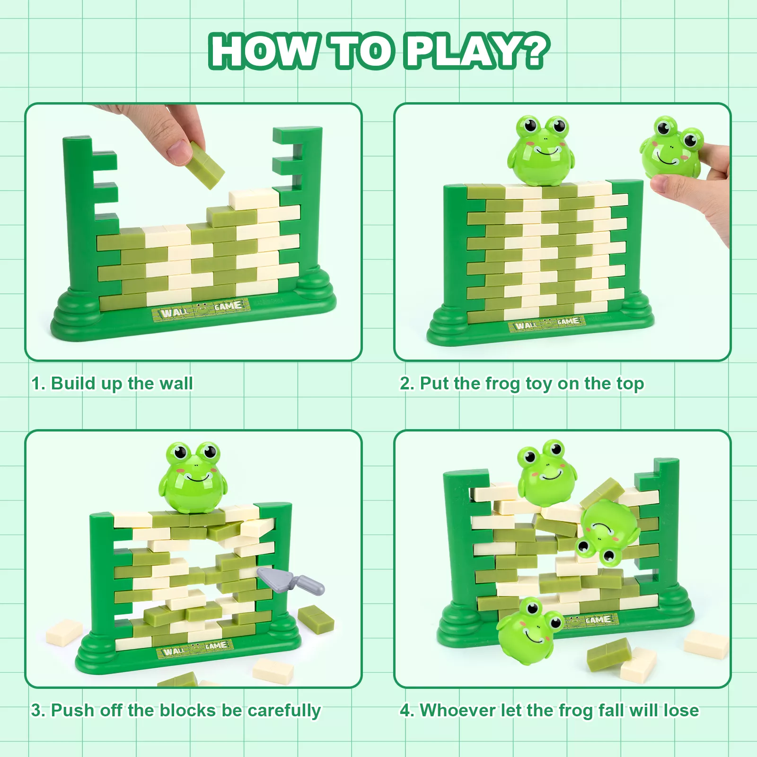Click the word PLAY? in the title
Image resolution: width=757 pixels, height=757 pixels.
[477, 51]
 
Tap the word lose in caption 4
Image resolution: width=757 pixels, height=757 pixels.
[681, 710]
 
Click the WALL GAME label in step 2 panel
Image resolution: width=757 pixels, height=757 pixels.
[547, 324]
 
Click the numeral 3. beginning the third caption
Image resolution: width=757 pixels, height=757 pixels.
[38, 711]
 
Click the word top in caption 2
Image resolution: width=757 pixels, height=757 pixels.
[628, 384]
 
